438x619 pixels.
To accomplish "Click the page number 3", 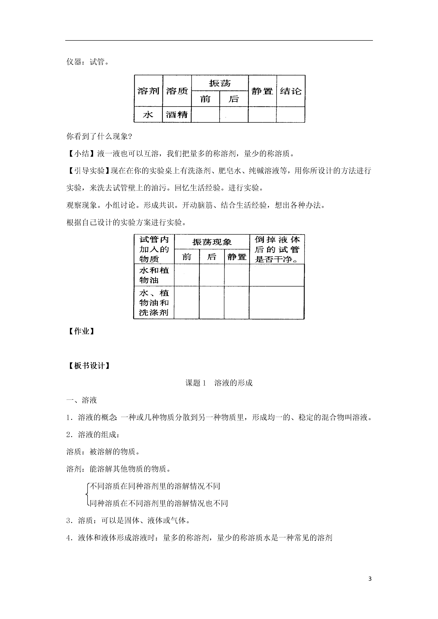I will click(x=370, y=579).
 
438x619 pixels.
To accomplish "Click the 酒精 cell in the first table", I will click(x=177, y=115).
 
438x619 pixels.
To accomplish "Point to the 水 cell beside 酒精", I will click(x=148, y=115).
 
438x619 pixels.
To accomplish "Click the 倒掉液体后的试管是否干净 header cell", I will click(x=277, y=249).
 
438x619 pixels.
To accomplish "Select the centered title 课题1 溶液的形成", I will click(x=219, y=383).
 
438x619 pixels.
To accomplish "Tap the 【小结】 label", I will click(x=82, y=154).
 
